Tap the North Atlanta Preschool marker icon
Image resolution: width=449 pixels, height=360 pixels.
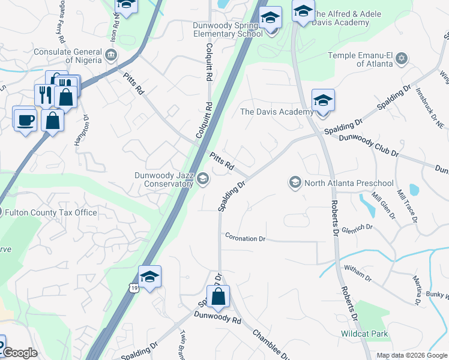click(x=295, y=182)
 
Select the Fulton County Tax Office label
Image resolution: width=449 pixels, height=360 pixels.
click(x=51, y=212)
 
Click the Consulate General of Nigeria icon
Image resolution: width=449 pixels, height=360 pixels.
click(x=111, y=56)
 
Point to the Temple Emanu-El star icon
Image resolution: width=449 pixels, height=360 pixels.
click(x=402, y=58)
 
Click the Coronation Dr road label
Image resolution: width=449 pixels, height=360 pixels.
click(x=245, y=238)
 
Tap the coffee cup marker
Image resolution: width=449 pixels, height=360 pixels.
click(x=25, y=119)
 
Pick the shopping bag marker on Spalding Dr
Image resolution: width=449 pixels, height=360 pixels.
click(x=218, y=296)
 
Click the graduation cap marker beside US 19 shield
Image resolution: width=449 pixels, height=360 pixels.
click(x=149, y=277)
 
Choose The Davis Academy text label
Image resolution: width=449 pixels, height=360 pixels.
click(x=276, y=112)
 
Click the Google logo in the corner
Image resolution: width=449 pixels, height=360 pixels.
click(x=20, y=353)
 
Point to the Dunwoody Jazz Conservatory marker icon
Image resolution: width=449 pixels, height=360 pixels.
click(x=203, y=178)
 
